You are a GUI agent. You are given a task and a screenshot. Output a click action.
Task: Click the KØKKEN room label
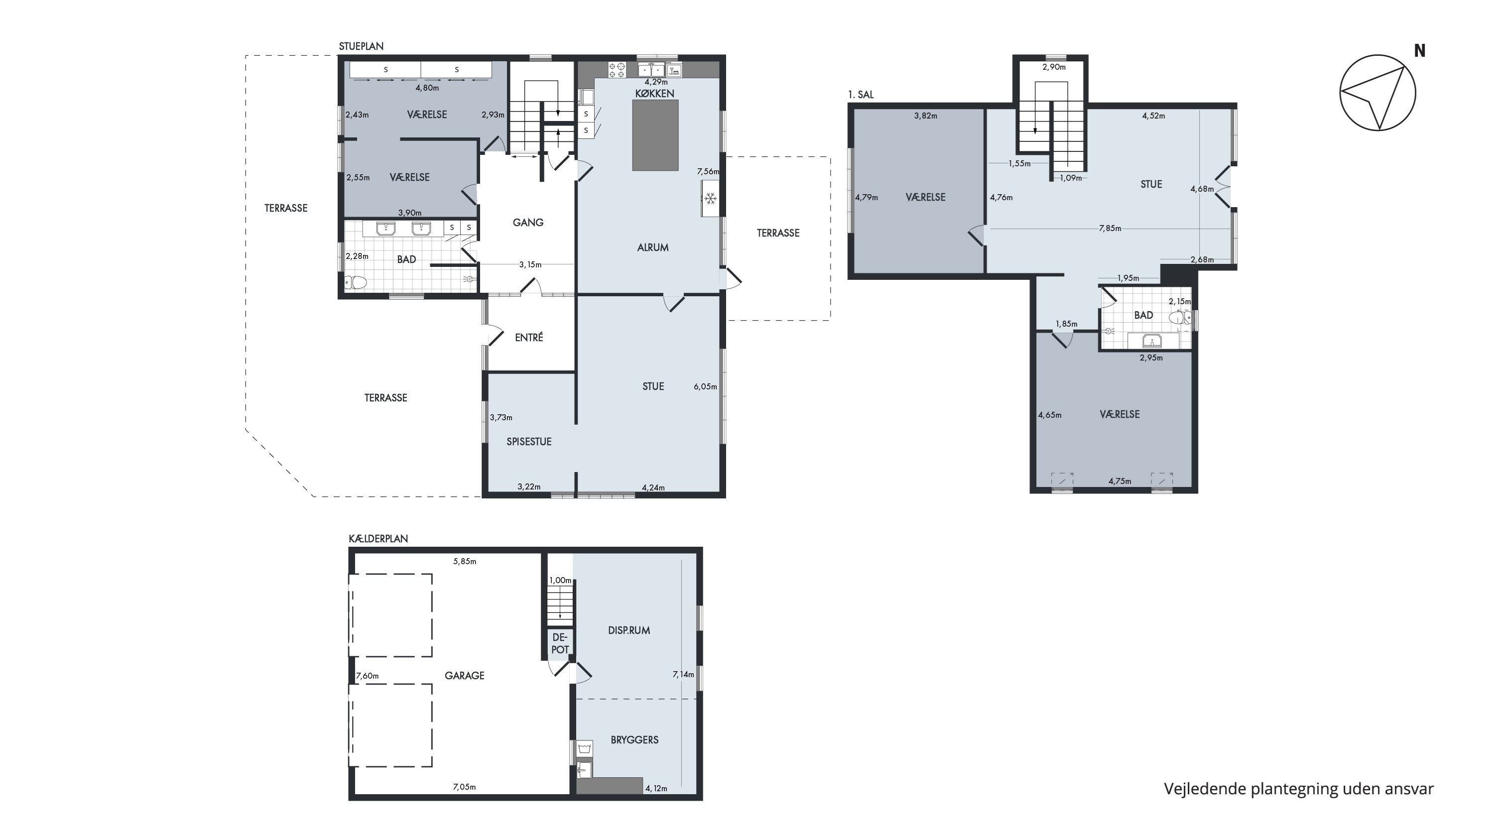coord(654,93)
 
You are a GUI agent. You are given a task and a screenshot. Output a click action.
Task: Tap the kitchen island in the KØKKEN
coord(655,135)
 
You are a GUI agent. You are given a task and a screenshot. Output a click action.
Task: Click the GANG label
coord(528,222)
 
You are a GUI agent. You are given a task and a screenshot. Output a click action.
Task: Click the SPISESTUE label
coord(529,441)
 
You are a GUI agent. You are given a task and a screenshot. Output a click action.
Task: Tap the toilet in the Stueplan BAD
coord(356,283)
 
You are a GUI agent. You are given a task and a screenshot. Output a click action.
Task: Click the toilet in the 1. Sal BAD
coord(1179,317)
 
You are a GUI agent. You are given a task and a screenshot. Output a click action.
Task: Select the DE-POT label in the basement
coord(560,643)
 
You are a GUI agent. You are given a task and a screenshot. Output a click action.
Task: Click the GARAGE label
coord(464,675)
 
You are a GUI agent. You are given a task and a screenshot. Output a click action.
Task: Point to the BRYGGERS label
coord(634,740)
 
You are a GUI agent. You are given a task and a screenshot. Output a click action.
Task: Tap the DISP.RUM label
coord(628,630)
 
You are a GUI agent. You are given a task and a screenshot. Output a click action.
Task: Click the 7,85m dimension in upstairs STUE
coord(1110,229)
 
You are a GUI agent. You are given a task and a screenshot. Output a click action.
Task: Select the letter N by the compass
coord(1419,51)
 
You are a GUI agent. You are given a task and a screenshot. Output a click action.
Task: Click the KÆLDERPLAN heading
coord(378,539)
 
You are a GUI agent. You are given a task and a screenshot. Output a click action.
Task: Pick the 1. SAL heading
coord(861,95)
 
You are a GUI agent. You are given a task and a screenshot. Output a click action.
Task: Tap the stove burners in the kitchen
coord(617,70)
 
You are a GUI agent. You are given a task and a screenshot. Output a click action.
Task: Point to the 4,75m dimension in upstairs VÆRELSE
coord(1120,481)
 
